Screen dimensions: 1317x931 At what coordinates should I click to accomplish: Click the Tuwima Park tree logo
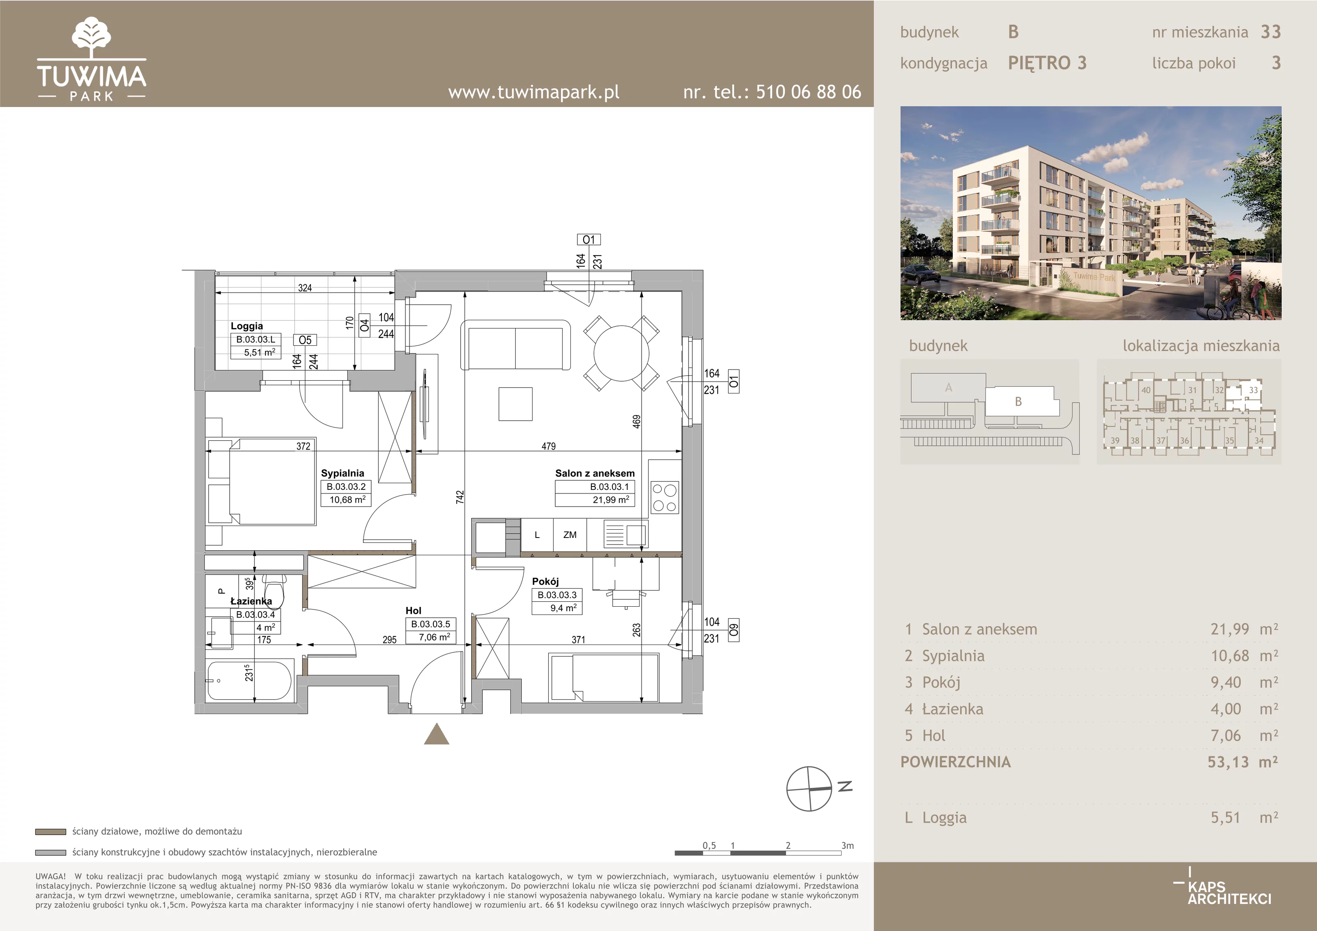point(92,37)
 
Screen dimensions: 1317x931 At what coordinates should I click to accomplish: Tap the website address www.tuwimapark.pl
point(533,92)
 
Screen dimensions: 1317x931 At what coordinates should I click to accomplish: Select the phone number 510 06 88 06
point(808,92)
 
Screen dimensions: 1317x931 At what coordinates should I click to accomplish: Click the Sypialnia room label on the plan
point(342,473)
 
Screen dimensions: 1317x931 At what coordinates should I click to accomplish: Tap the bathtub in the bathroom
point(249,681)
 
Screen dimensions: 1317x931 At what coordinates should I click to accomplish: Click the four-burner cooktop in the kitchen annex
point(665,497)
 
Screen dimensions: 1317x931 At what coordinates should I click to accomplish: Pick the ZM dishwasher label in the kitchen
point(570,535)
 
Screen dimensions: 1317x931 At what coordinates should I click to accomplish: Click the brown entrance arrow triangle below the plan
point(437,734)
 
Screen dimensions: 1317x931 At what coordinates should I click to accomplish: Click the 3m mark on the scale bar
point(847,845)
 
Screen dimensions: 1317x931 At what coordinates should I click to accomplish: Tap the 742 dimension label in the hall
point(459,497)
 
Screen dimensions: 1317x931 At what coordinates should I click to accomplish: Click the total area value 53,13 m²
point(1243,762)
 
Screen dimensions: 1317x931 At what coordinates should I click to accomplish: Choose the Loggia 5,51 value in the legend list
point(1225,817)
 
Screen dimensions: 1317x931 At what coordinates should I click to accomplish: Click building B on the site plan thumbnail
point(1018,402)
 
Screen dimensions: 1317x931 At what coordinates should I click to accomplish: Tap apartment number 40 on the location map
point(1145,390)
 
